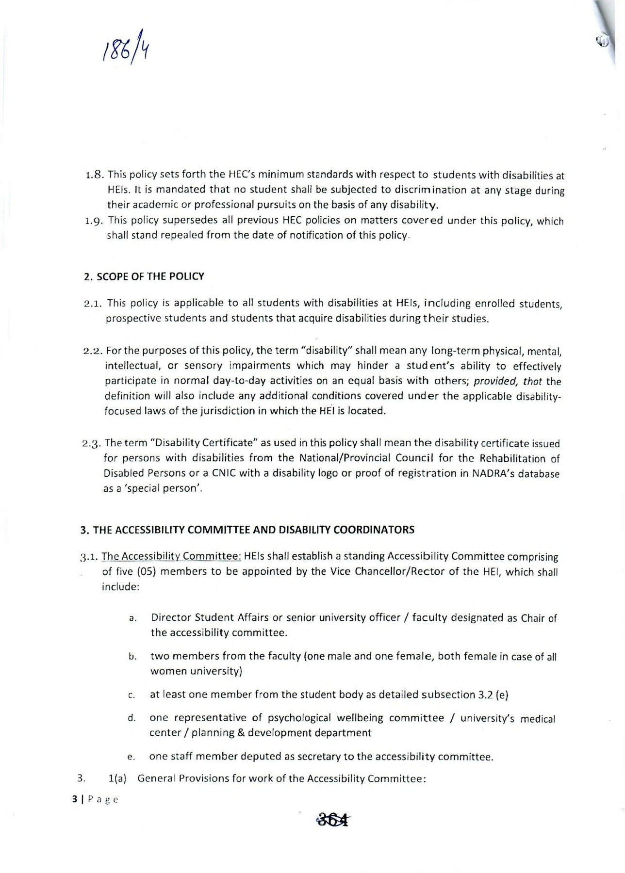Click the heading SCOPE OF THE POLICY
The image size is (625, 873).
pos(144,276)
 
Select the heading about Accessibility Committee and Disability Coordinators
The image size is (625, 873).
pos(247,530)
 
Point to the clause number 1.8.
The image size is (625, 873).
pos(95,175)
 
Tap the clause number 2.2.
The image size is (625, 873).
pos(94,350)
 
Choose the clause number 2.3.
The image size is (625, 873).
pos(93,443)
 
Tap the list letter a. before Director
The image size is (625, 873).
pos(132,619)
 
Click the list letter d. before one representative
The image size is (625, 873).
pos(132,718)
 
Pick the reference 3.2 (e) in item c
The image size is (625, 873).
pos(493,695)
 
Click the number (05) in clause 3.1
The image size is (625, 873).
pos(144,571)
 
